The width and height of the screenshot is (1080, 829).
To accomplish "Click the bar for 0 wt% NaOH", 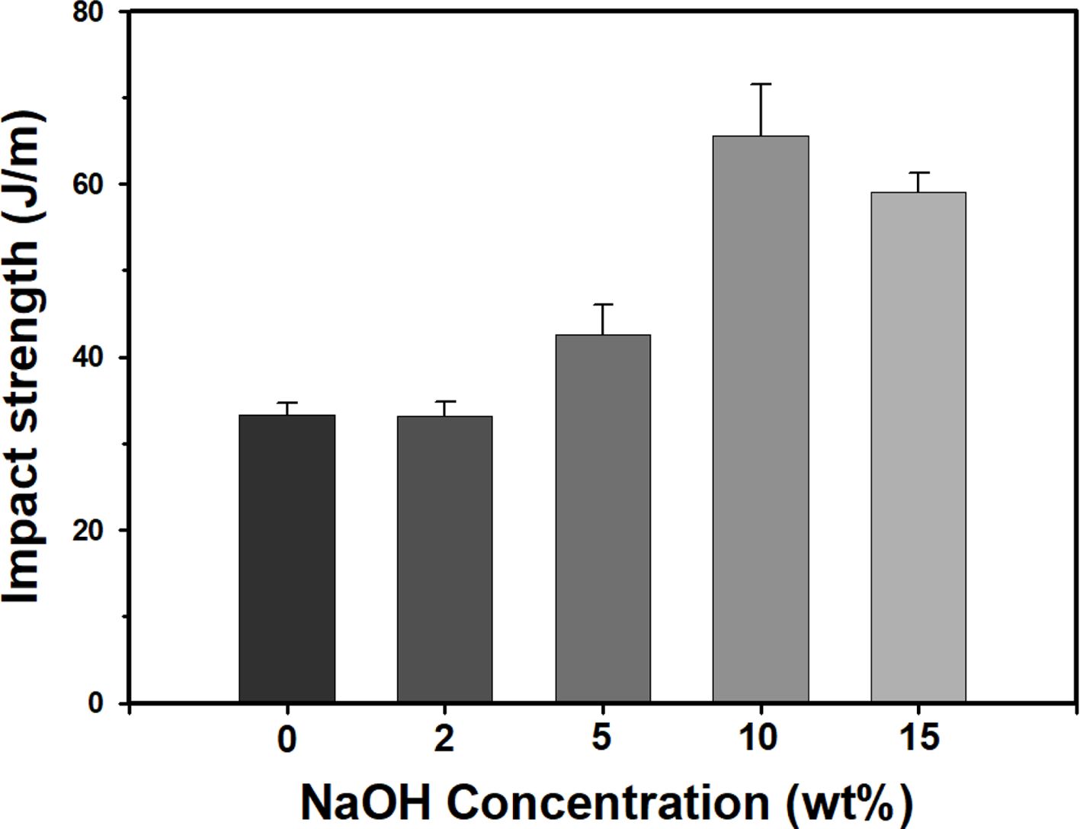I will pos(287,558).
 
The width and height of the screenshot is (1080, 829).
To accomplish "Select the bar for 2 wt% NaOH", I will pos(444,559).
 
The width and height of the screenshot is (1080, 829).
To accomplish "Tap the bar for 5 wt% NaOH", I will pos(602,519).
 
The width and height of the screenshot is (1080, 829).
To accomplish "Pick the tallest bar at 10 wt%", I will pos(760,419).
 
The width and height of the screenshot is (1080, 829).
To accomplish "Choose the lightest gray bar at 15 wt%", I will pos(918,447).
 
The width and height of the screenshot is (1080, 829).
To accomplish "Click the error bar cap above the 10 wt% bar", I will pos(760,84).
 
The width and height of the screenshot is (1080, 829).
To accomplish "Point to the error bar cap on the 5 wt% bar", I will pos(602,304).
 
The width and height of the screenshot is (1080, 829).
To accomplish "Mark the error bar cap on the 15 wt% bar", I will pos(918,172).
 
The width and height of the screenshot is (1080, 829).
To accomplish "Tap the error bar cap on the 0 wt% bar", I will pos(287,402).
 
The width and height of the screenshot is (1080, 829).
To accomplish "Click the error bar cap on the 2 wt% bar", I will pos(444,401).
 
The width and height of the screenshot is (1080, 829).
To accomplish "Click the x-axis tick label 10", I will pos(758,737).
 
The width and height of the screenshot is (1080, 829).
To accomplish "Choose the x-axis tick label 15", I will pos(918,737).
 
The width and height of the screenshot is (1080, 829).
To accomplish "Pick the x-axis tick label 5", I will pos(601,737).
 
